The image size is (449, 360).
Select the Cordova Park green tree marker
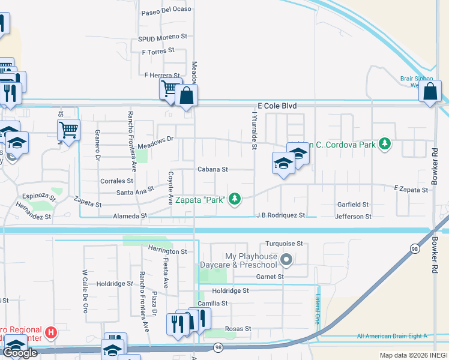click(x=385, y=144)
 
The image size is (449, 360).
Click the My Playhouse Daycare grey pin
click(x=286, y=260)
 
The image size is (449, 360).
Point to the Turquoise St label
click(x=286, y=245)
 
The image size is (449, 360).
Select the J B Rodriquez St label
click(x=281, y=215)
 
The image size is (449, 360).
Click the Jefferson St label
click(x=353, y=216)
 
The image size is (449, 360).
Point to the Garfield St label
click(x=352, y=205)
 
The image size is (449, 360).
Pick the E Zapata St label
click(x=411, y=190)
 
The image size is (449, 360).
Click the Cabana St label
click(x=213, y=170)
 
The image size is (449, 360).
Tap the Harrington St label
click(x=167, y=251)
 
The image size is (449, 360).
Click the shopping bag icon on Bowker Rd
click(x=431, y=92)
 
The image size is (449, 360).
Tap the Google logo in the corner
click(x=19, y=353)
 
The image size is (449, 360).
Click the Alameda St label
click(x=128, y=215)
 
